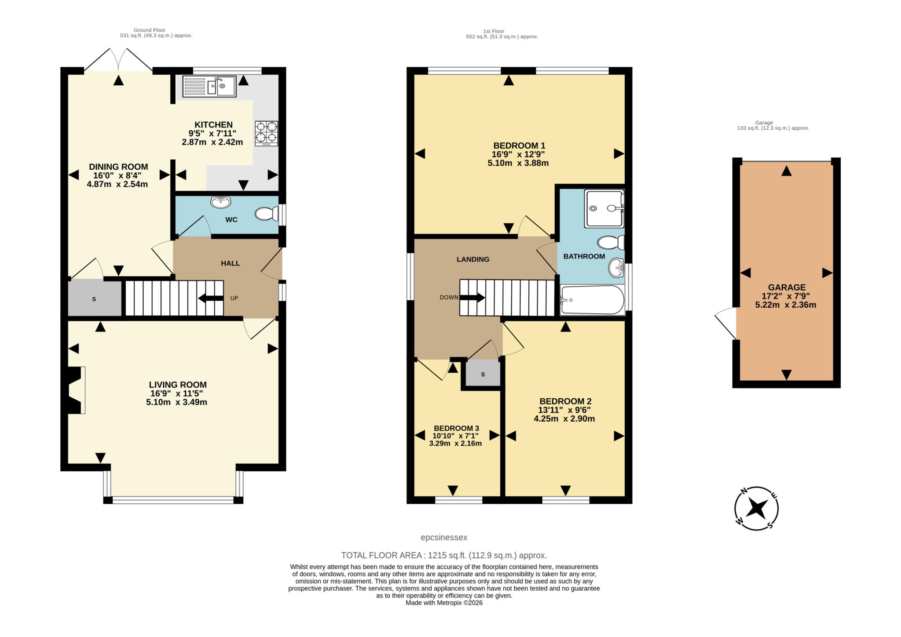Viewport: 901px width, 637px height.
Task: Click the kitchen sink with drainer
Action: (209, 86)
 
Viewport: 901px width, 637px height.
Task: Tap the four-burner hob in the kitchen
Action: (266, 133)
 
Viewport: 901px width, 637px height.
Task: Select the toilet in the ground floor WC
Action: (266, 214)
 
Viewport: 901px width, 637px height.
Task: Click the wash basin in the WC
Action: (221, 202)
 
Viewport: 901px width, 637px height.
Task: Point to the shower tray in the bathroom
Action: (604, 208)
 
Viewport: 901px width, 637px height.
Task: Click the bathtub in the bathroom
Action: (592, 300)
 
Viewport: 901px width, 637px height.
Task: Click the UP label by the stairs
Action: (234, 298)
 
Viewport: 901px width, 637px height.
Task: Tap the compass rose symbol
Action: (756, 508)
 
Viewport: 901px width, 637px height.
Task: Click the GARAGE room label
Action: (787, 287)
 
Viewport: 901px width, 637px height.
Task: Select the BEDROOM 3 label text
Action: (456, 428)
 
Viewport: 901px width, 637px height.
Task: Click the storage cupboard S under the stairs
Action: (94, 299)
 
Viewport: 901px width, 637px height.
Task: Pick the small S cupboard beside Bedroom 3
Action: (483, 375)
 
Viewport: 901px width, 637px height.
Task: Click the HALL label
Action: (230, 263)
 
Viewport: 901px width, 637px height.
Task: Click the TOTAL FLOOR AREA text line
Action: (444, 555)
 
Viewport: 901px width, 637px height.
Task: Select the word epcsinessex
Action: (444, 537)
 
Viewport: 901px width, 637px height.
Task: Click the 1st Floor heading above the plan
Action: (493, 31)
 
